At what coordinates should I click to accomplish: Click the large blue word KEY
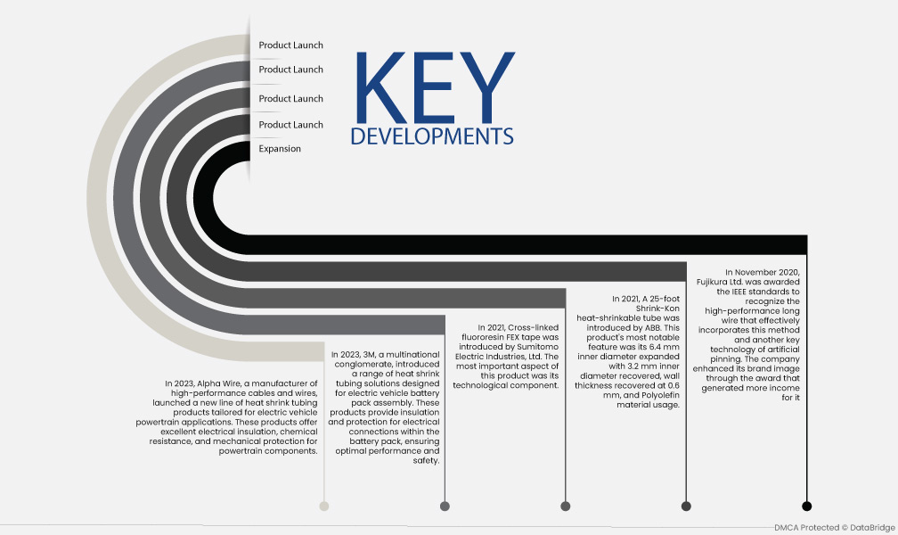coord(436,87)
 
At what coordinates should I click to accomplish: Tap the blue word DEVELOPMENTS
coord(432,136)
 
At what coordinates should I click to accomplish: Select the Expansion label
coord(280,149)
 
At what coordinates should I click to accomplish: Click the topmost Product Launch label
coord(291,45)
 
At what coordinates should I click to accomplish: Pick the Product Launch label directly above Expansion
coord(291,125)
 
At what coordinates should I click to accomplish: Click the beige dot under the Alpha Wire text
coord(324,506)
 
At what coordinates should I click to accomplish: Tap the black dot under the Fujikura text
coord(807,506)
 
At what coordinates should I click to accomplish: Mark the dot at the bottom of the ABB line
coord(686,506)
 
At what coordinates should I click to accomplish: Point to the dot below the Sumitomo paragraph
coord(565,506)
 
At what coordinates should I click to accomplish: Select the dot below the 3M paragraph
coord(445,506)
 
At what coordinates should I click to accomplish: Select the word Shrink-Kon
coord(657,309)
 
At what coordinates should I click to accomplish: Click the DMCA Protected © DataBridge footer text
coord(835,528)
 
